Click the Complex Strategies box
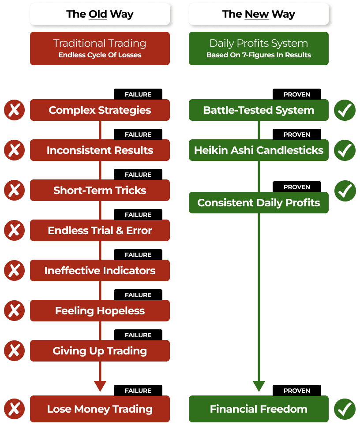100,110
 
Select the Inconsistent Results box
100,150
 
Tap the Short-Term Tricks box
100,190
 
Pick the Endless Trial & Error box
100,231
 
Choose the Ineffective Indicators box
100,271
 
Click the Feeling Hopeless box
100,311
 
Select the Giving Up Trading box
100,351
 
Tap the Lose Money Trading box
100,409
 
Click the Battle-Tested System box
259,110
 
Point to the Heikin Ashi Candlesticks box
259,150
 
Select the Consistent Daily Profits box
259,203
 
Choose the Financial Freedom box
259,409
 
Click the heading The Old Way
100,14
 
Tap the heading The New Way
259,14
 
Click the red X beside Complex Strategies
14,110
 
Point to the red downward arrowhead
100,386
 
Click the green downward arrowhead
259,386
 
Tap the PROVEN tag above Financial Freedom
297,391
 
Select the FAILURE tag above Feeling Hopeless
138,295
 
